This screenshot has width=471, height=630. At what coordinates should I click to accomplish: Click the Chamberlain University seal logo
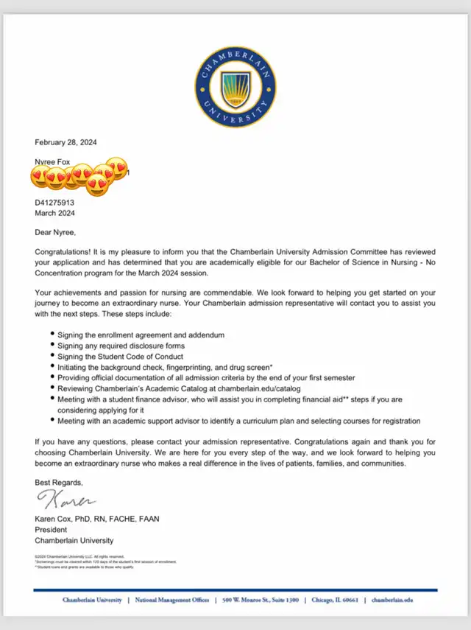[x=235, y=88]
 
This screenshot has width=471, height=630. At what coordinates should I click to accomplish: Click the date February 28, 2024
[x=66, y=142]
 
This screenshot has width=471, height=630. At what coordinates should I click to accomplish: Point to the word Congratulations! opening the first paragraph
[x=66, y=251]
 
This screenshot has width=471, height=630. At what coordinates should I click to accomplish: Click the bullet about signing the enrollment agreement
[x=141, y=335]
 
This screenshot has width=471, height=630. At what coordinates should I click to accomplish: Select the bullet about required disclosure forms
[x=121, y=346]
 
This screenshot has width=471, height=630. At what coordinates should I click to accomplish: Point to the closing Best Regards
[x=59, y=482]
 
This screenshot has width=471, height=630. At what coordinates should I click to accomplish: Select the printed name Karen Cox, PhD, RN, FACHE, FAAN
[x=97, y=519]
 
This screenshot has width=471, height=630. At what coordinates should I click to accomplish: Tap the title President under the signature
[x=52, y=529]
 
